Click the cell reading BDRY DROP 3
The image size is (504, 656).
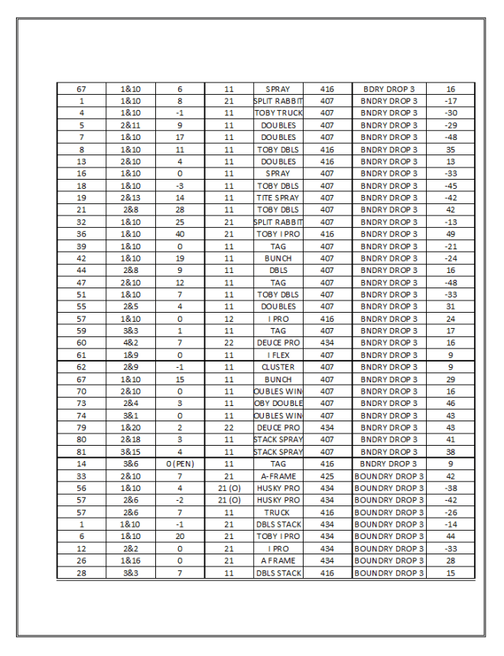click(389, 89)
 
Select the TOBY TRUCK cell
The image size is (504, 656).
click(278, 113)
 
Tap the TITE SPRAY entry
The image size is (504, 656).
click(278, 198)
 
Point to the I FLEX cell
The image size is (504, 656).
click(278, 356)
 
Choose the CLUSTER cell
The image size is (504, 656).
click(278, 367)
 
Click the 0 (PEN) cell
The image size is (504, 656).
click(180, 464)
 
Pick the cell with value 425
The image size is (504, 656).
click(327, 476)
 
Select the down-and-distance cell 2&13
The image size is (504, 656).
click(131, 198)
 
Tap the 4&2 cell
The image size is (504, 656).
click(131, 343)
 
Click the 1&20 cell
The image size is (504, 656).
click(131, 428)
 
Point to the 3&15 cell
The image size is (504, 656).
click(131, 452)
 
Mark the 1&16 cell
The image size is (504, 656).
click(131, 561)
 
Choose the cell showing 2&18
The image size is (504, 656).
click(131, 440)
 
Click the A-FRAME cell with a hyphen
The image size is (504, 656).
click(278, 476)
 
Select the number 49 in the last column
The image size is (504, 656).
click(450, 234)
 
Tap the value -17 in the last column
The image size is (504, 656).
click(450, 101)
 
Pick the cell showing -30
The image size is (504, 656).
click(450, 113)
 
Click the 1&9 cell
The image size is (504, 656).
click(131, 356)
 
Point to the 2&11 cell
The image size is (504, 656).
click(131, 125)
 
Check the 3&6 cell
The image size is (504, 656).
click(131, 464)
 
